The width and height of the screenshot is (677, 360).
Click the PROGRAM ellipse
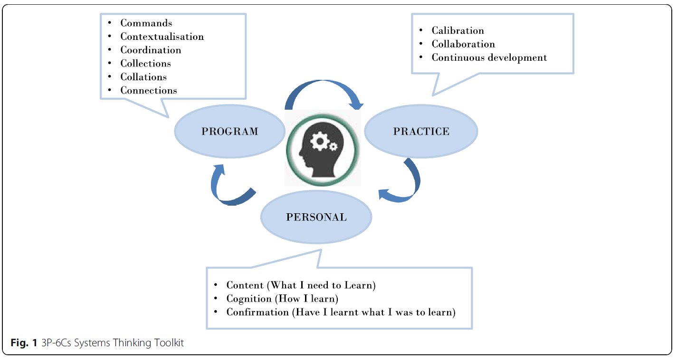230,132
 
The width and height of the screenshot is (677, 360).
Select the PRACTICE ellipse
421,132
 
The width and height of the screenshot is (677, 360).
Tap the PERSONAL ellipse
316,217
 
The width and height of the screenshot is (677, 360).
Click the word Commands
146,23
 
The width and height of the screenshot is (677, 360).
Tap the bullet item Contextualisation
162,37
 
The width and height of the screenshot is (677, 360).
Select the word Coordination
151,50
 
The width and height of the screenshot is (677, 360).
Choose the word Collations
143,77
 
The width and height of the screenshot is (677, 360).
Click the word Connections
149,90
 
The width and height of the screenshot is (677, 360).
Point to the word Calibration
458,30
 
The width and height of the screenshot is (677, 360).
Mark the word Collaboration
463,44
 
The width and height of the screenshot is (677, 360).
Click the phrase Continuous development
489,57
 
